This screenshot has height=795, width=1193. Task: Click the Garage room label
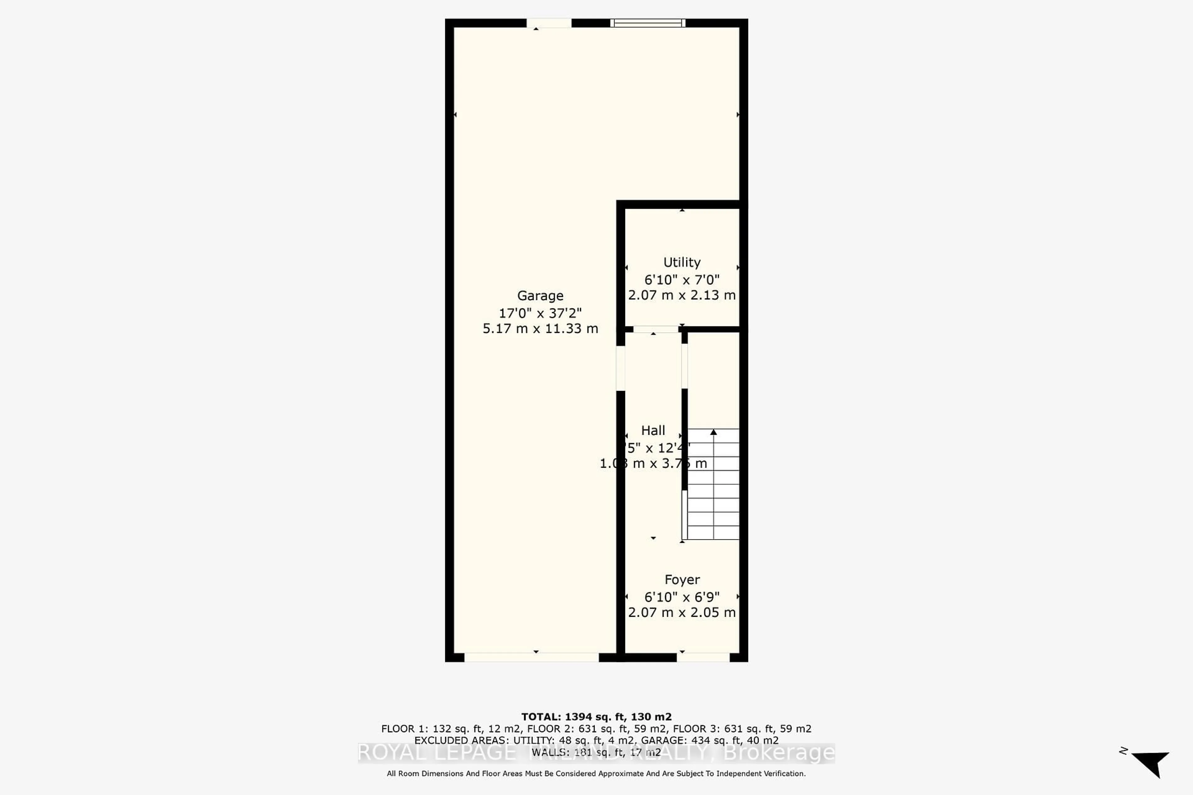pyautogui.click(x=540, y=296)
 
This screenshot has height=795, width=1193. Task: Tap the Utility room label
pyautogui.click(x=682, y=262)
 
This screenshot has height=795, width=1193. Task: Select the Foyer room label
pyautogui.click(x=682, y=579)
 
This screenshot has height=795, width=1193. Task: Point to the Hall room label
pyautogui.click(x=653, y=430)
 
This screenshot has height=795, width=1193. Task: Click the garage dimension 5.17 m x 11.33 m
pyautogui.click(x=540, y=329)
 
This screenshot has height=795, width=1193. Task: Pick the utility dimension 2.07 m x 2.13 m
pyautogui.click(x=682, y=295)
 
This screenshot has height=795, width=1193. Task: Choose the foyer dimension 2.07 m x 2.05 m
pyautogui.click(x=682, y=612)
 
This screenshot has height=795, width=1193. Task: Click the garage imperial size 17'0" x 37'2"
pyautogui.click(x=540, y=313)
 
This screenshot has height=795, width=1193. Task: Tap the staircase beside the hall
pyautogui.click(x=713, y=484)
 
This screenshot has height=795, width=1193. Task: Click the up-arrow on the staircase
pyautogui.click(x=714, y=432)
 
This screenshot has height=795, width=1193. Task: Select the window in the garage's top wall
pyautogui.click(x=648, y=23)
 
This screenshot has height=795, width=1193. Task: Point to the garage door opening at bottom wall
pyautogui.click(x=532, y=657)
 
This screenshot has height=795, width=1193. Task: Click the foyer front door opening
pyautogui.click(x=703, y=657)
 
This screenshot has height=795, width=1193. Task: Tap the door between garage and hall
pyautogui.click(x=620, y=368)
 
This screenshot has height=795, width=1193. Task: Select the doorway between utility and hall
pyautogui.click(x=655, y=329)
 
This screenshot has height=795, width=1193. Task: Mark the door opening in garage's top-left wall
pyautogui.click(x=549, y=23)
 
